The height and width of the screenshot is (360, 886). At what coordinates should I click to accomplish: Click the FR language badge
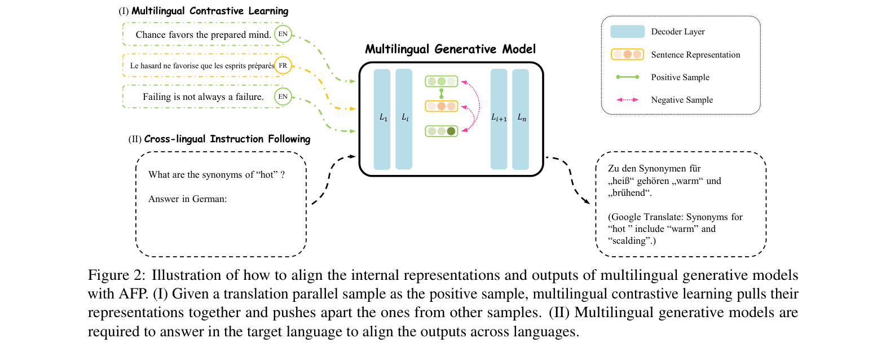[x=283, y=65]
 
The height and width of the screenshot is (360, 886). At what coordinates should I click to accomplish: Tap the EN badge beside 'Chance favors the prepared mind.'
[x=283, y=34]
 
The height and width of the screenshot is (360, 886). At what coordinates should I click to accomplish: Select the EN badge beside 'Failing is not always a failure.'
[x=283, y=96]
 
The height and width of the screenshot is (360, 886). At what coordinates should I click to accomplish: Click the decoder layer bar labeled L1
[x=382, y=119]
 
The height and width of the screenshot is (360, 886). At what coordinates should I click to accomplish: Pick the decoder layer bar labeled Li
[x=404, y=119]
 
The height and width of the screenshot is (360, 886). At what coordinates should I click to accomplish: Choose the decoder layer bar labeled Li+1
[x=499, y=119]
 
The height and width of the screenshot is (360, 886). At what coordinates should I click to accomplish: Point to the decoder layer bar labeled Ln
[x=521, y=119]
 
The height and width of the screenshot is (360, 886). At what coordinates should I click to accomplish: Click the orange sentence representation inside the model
[x=442, y=106]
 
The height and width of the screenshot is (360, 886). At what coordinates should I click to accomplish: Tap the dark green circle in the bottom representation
[x=451, y=131]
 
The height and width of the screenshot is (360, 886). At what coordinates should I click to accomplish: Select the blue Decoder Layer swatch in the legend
[x=627, y=32]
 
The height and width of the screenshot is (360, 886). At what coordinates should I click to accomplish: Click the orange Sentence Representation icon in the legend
[x=627, y=55]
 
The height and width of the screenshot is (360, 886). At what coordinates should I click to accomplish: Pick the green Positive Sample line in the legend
[x=627, y=77]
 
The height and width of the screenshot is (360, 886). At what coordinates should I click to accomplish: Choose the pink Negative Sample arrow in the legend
[x=627, y=100]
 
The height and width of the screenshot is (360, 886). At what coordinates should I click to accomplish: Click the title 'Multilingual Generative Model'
[x=450, y=49]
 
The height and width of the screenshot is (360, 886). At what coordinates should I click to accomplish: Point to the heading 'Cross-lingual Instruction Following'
[x=227, y=139]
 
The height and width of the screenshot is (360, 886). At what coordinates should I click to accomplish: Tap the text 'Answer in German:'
[x=187, y=199]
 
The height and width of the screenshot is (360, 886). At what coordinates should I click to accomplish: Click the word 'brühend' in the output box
[x=629, y=193]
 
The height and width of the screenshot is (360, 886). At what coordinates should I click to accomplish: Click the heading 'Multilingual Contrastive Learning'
[x=210, y=11]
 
